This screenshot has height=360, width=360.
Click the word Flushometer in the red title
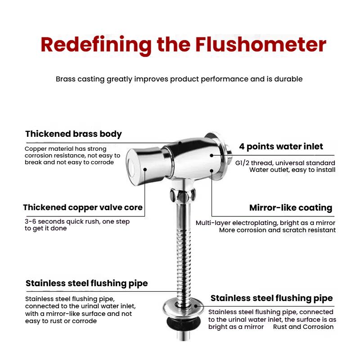coord(261,45)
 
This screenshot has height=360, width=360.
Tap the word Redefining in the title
coord(94,45)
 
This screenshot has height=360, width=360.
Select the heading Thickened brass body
coord(73,134)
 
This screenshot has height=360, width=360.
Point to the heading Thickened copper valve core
coord(83,207)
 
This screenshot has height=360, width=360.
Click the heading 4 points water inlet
coord(281,146)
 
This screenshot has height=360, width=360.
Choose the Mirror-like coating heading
coord(291,208)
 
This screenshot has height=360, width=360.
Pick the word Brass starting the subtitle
coord(66,79)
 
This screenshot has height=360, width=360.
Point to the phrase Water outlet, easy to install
coord(292,170)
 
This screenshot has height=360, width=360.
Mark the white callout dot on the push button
coord(145,169)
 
